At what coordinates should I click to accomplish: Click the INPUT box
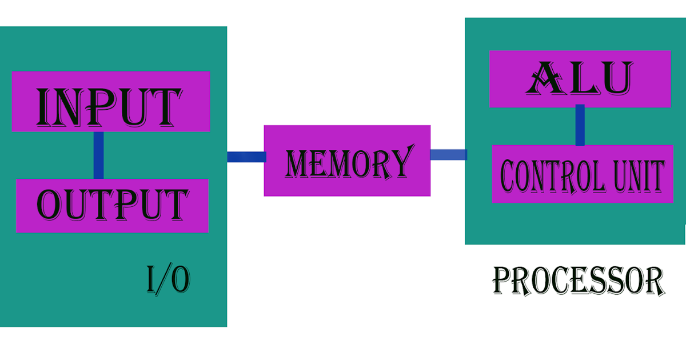[110, 102]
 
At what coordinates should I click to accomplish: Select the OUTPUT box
[112, 206]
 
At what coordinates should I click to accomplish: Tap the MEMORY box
[347, 161]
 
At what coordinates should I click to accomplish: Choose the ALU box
[580, 79]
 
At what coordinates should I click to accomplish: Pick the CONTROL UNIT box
[582, 174]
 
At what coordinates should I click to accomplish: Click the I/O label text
[168, 280]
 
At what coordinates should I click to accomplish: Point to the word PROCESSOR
[578, 281]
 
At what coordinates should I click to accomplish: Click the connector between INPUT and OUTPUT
[98, 155]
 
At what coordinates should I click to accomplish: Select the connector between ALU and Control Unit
[580, 125]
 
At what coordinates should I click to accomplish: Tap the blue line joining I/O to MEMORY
[246, 157]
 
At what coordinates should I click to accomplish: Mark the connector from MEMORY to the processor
[448, 154]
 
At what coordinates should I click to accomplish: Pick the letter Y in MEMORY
[400, 162]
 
